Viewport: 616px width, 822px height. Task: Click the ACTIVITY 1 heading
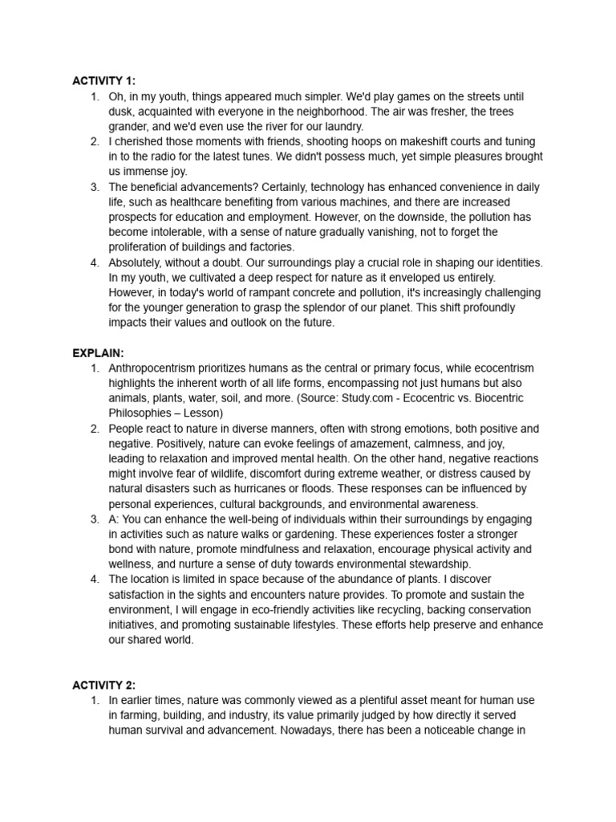coord(103,81)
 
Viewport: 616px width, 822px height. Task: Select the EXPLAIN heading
coord(98,352)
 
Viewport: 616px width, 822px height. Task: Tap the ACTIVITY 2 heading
coord(103,685)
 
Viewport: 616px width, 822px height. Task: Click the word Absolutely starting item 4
coord(138,262)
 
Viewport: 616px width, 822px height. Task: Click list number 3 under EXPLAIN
coord(95,519)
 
